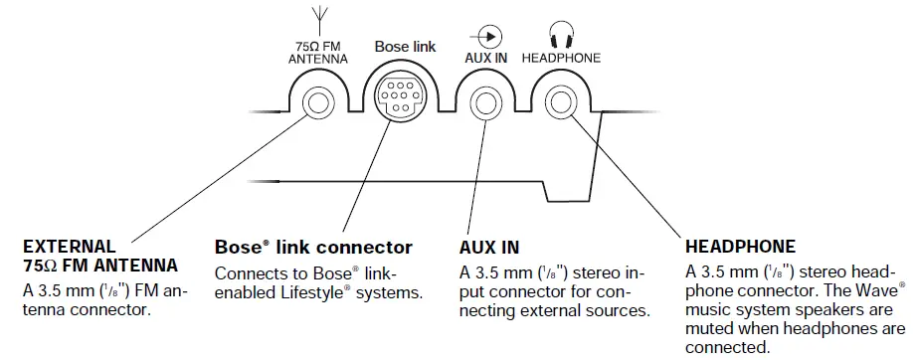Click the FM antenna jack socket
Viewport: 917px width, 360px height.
pos(318,101)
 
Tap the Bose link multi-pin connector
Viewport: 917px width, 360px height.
pos(403,96)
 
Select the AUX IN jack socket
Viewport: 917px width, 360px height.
pos(487,101)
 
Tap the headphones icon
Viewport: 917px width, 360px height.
pos(561,34)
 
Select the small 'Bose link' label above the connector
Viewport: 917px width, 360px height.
pos(405,47)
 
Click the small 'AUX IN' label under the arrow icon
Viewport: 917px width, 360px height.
pos(486,58)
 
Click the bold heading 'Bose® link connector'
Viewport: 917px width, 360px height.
pos(312,247)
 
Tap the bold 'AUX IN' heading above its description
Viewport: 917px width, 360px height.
pos(489,247)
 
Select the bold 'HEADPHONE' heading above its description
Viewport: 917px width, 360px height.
pos(741,247)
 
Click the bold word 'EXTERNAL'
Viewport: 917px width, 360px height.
pos(70,245)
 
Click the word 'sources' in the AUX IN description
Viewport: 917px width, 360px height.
pos(622,310)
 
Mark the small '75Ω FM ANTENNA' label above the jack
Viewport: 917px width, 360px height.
pos(319,52)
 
